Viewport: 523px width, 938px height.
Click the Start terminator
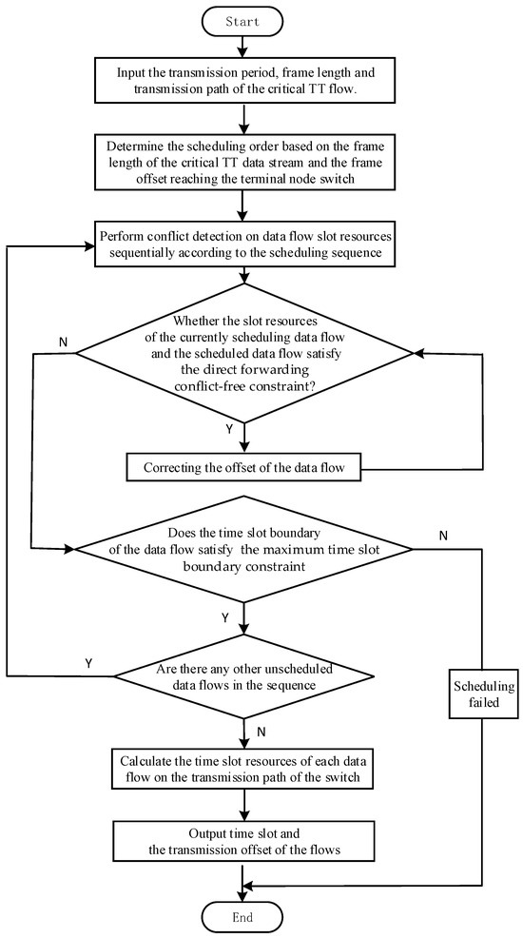click(245, 18)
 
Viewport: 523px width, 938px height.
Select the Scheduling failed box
click(483, 697)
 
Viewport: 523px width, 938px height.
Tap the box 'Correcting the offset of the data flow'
click(245, 468)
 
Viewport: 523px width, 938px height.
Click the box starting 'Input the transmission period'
click(245, 81)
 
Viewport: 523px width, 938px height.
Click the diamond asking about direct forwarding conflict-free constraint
click(245, 352)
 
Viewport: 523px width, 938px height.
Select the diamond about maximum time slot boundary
click(245, 549)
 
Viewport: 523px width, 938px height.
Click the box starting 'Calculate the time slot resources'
click(245, 769)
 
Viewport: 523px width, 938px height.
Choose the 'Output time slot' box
click(245, 838)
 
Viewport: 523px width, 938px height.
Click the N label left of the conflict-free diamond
click(63, 340)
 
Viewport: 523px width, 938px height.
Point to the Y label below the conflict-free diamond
click(228, 428)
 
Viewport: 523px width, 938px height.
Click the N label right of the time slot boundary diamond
click(443, 536)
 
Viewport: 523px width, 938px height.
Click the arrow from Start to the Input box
click(245, 45)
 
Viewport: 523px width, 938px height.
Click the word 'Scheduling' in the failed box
click(483, 688)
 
